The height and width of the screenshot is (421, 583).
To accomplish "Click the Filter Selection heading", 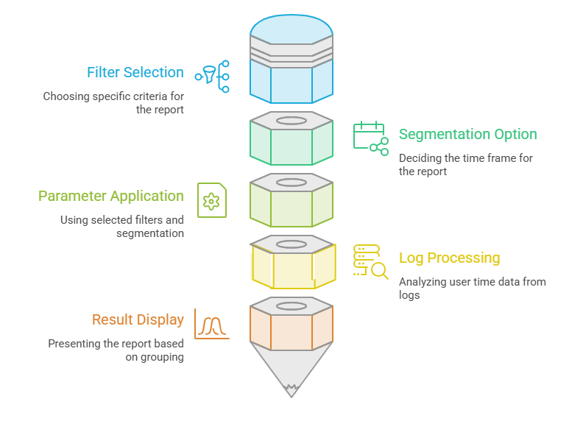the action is (x=135, y=72).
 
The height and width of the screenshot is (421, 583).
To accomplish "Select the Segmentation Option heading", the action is (x=467, y=134).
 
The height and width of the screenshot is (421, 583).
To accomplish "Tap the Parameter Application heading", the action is (x=111, y=196).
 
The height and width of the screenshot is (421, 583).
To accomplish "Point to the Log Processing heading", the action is (x=449, y=258).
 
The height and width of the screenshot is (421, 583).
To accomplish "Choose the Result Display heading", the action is (x=138, y=319).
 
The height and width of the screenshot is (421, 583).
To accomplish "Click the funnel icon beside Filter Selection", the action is (x=212, y=77).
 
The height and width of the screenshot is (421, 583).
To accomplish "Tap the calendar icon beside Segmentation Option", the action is (x=371, y=138).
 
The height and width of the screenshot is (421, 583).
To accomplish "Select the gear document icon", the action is (x=212, y=200).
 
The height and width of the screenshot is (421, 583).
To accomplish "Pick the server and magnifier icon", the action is (x=371, y=262).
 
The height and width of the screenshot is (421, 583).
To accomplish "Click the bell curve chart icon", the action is (x=212, y=324).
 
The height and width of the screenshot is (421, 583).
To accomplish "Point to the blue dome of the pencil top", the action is (x=291, y=29).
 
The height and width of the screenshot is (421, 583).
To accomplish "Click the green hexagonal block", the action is (x=291, y=138).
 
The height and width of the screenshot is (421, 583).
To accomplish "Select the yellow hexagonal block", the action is (x=293, y=262).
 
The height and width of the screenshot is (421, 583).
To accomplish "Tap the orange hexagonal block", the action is (x=291, y=324).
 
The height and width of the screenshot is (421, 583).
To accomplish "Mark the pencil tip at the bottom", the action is (x=291, y=397).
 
